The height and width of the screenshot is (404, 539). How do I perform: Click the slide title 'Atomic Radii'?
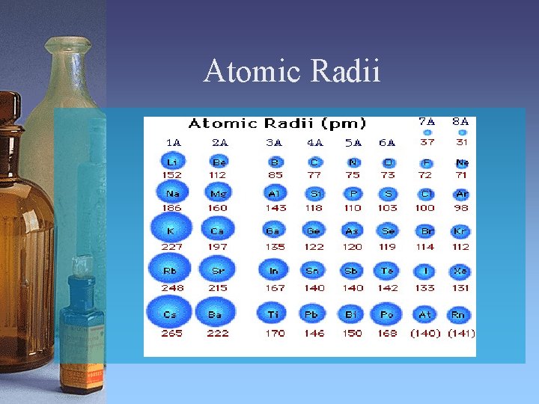click(x=292, y=72)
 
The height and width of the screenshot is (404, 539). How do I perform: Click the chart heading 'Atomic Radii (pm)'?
click(x=277, y=123)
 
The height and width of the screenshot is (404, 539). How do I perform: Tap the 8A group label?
click(x=461, y=120)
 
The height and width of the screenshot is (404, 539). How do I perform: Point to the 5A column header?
click(x=352, y=142)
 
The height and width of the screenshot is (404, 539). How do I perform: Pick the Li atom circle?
click(x=171, y=162)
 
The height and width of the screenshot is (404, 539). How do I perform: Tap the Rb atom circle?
click(x=171, y=269)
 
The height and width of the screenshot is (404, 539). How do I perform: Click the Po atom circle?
click(x=387, y=314)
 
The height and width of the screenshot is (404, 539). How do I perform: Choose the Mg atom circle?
click(x=217, y=194)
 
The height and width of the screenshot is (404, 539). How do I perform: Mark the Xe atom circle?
click(x=460, y=271)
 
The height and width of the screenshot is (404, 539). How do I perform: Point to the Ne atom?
click(x=462, y=162)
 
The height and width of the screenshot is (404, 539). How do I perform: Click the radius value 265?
click(x=171, y=333)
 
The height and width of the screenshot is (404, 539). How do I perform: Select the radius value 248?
click(x=171, y=287)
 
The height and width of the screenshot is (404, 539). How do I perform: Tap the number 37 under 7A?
click(x=427, y=142)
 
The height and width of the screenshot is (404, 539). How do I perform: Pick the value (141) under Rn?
click(x=461, y=333)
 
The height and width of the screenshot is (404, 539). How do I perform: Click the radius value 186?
click(x=171, y=208)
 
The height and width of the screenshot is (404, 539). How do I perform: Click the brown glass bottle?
click(x=22, y=224)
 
